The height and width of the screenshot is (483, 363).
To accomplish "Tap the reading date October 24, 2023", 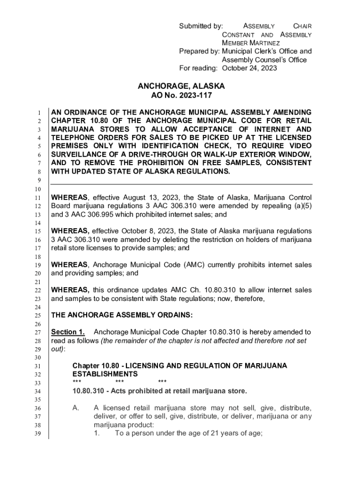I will point(249,68).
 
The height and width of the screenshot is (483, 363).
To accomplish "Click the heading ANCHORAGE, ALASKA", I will point(181,86).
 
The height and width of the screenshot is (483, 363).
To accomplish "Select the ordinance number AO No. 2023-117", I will point(181,95).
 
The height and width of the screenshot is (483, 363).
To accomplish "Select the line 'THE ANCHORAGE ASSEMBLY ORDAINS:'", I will point(122,315).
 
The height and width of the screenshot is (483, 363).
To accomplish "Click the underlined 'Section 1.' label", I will point(68,332).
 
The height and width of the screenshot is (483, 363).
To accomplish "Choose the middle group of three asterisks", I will point(119,382).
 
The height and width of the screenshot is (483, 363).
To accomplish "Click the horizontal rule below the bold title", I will point(181,184).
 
